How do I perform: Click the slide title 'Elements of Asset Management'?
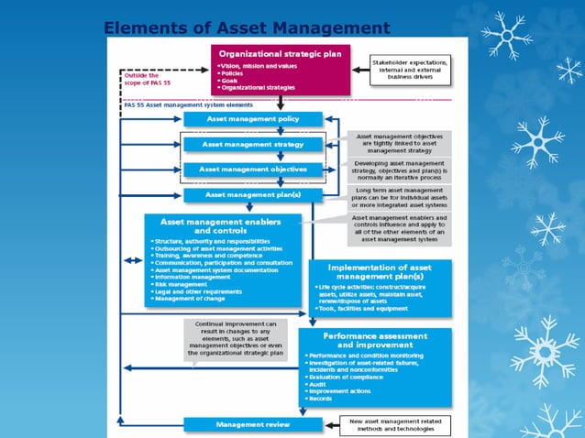coord(246,28)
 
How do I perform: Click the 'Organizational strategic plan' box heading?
coord(280,54)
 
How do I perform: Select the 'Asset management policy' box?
coord(253,119)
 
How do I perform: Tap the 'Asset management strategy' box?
coord(253,145)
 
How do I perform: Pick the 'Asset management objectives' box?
coord(253,170)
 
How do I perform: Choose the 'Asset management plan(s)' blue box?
coord(253,195)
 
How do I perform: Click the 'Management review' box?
coord(253,425)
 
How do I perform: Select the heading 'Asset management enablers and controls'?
coord(223,225)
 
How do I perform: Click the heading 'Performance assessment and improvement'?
coord(374,340)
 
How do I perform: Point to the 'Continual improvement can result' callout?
coord(236,339)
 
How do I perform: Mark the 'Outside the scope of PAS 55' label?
coord(143,80)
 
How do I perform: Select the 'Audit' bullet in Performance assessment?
coord(318,383)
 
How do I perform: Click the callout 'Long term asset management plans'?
coord(400,195)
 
